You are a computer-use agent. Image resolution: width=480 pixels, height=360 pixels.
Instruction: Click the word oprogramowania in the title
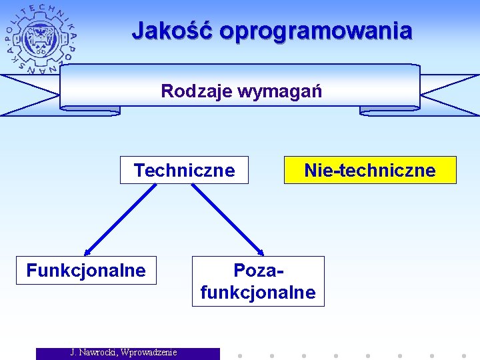(315, 31)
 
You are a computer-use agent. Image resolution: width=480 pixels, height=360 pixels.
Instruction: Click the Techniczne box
(184, 170)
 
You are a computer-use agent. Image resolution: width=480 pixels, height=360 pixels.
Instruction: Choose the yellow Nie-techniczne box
(370, 170)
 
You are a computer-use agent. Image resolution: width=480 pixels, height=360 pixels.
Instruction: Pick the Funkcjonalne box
(86, 270)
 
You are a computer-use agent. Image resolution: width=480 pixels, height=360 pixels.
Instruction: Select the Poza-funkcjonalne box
(258, 281)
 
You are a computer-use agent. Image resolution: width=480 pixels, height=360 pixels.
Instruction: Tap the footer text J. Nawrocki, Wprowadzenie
(124, 353)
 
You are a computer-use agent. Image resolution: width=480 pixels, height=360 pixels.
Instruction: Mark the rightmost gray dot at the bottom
(464, 355)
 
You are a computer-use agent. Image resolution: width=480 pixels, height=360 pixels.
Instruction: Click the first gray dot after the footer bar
(240, 355)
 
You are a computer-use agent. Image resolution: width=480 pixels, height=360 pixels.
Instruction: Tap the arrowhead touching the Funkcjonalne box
(87, 252)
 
